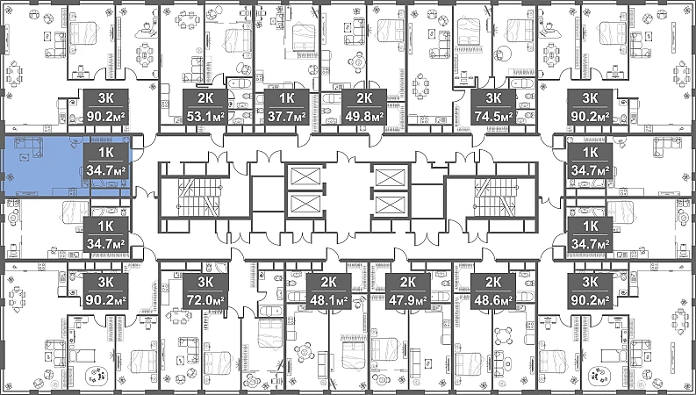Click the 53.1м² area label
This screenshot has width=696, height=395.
pyautogui.click(x=205, y=117)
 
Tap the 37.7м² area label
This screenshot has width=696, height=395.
pyautogui.click(x=287, y=117)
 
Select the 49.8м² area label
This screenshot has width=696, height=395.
pyautogui.click(x=364, y=117)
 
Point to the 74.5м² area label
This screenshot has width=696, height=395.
pyautogui.click(x=493, y=117)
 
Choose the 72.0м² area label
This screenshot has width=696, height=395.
pyautogui.click(x=205, y=300)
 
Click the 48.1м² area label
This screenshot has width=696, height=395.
pyautogui.click(x=328, y=300)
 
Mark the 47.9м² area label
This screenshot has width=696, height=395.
pyautogui.click(x=407, y=300)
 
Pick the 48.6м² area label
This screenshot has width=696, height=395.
pyautogui.click(x=493, y=300)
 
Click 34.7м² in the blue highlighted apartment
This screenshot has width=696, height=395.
pyautogui.click(x=105, y=170)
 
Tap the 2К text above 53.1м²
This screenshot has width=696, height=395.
pyautogui.click(x=205, y=97)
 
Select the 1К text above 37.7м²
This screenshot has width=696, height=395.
pyautogui.click(x=287, y=97)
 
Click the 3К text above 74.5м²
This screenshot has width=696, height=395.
pyautogui.click(x=493, y=97)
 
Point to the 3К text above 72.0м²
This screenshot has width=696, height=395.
pyautogui.click(x=205, y=282)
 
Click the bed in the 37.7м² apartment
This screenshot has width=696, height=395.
pyautogui.click(x=303, y=38)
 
